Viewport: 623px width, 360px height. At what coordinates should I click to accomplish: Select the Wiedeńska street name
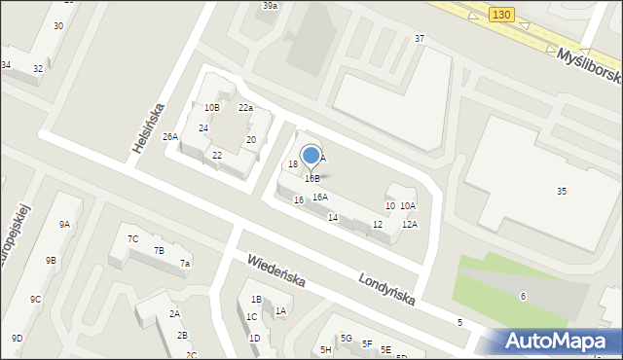point(275,271)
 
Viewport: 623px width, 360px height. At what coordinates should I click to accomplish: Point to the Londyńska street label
point(386,287)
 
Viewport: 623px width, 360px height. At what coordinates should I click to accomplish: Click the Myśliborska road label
point(587,63)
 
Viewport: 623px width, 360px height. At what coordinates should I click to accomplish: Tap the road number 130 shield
point(500,15)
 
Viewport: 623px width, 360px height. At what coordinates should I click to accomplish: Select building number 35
point(562,192)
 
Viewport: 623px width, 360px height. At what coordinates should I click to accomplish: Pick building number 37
point(420,38)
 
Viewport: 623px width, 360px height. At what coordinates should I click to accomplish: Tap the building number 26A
point(170,137)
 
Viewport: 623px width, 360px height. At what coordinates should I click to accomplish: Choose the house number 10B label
point(212,107)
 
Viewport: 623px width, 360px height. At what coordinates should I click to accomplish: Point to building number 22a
point(245,108)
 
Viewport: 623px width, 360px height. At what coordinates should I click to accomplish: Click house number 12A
point(410,225)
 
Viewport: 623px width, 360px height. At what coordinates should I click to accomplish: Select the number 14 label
point(333,217)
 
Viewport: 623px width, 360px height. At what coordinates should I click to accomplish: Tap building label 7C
point(133,238)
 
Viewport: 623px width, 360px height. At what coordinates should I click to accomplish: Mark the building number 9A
point(64,225)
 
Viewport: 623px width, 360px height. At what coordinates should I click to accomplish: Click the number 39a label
point(270,6)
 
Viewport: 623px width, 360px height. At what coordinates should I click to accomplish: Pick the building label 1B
point(256,300)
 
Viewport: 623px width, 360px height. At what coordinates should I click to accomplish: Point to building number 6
point(523,296)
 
